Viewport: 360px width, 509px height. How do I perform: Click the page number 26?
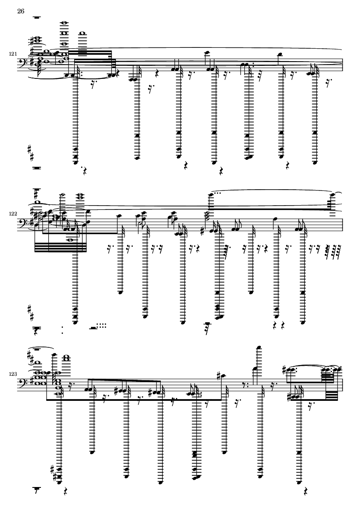tap(20, 11)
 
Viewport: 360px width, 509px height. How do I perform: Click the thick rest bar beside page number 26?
tap(37, 17)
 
